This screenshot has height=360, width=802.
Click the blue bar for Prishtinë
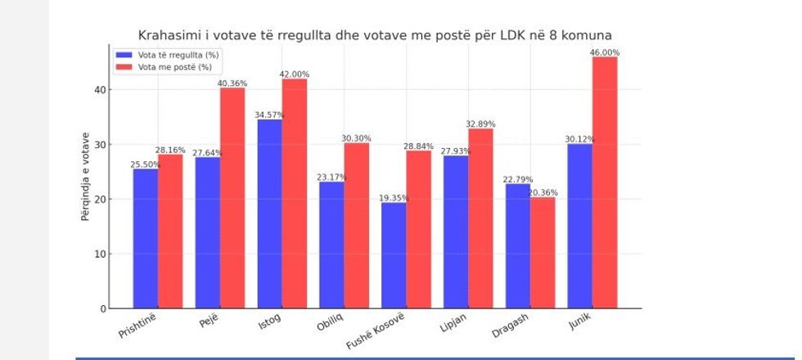[145, 238]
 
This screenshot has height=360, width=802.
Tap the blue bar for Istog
[269, 214]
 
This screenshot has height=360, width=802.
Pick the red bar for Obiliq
[357, 226]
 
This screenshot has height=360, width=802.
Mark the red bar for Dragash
[543, 253]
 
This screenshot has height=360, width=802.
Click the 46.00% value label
[605, 52]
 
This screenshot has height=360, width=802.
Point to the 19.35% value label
[393, 198]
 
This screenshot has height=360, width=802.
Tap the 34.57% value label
[269, 115]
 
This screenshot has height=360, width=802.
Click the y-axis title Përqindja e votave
[85, 176]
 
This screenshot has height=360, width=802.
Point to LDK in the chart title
[512, 35]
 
